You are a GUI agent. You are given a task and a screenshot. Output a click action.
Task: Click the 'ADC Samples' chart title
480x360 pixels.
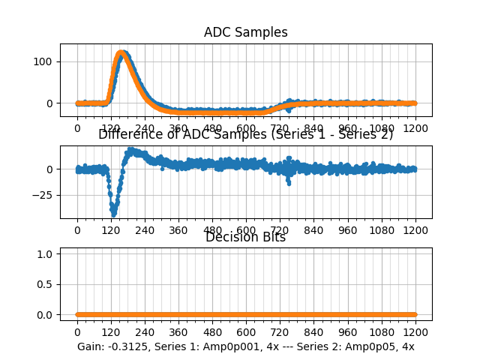[x=245, y=32]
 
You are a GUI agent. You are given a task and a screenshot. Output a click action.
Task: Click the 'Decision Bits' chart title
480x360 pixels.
[x=245, y=238]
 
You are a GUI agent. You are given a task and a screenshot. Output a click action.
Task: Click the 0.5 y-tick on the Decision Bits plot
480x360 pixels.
[x=46, y=284]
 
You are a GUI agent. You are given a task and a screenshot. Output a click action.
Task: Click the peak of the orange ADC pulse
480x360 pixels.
[x=121, y=53]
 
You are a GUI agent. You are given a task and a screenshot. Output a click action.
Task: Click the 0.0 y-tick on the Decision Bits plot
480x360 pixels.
[x=46, y=314]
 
